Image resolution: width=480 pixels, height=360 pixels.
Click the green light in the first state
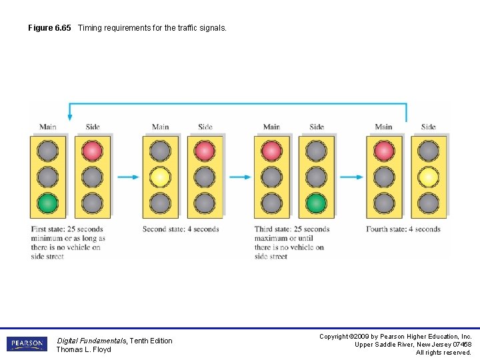coord(48,202)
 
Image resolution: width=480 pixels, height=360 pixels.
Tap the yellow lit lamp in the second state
coord(160,177)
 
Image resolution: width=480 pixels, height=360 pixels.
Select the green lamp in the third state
coord(317,202)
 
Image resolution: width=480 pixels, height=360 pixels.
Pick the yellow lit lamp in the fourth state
coord(429,177)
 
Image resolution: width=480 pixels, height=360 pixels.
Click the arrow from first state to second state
coord(128,177)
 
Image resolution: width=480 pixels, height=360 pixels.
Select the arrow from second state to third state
coord(240,177)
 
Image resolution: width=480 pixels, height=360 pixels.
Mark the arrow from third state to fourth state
coord(351,177)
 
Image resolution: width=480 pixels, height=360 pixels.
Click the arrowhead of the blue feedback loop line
coord(69,117)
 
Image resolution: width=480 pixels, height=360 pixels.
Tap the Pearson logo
coord(27,344)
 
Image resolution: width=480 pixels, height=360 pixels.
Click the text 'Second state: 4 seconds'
coord(181,229)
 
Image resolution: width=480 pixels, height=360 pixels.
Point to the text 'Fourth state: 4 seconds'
coord(403,229)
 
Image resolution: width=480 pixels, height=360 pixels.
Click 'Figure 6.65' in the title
coord(49,28)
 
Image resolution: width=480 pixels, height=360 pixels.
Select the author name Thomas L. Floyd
coord(83,349)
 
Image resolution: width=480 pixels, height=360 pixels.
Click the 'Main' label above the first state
coord(48,127)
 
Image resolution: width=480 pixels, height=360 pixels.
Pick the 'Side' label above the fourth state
coord(429,127)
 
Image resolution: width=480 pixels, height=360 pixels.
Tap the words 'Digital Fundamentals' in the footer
coord(91,341)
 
